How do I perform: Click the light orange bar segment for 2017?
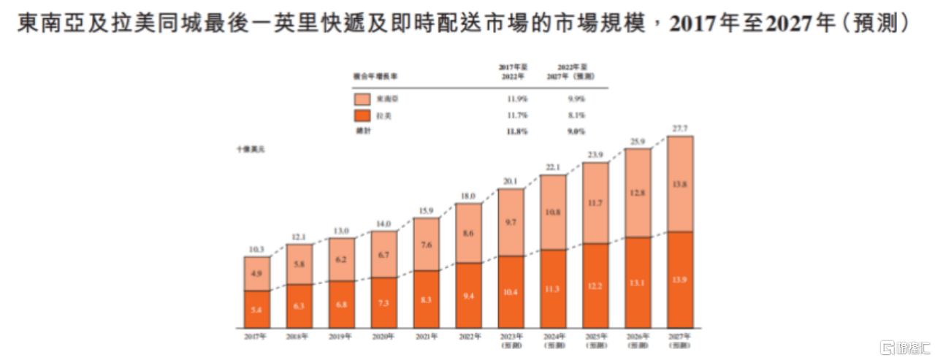click(257, 274)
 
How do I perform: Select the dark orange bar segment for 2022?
click(468, 295)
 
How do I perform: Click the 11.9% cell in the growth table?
click(514, 99)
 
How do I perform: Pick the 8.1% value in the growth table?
click(575, 115)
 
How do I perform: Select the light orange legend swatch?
click(362, 99)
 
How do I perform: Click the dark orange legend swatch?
click(362, 115)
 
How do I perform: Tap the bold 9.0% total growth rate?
click(575, 131)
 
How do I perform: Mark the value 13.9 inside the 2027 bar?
click(680, 280)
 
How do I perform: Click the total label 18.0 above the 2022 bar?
click(468, 196)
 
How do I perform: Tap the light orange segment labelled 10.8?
click(553, 212)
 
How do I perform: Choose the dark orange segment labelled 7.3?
click(383, 302)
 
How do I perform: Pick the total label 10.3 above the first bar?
click(257, 250)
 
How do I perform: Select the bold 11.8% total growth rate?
click(514, 131)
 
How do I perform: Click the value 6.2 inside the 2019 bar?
click(341, 259)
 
